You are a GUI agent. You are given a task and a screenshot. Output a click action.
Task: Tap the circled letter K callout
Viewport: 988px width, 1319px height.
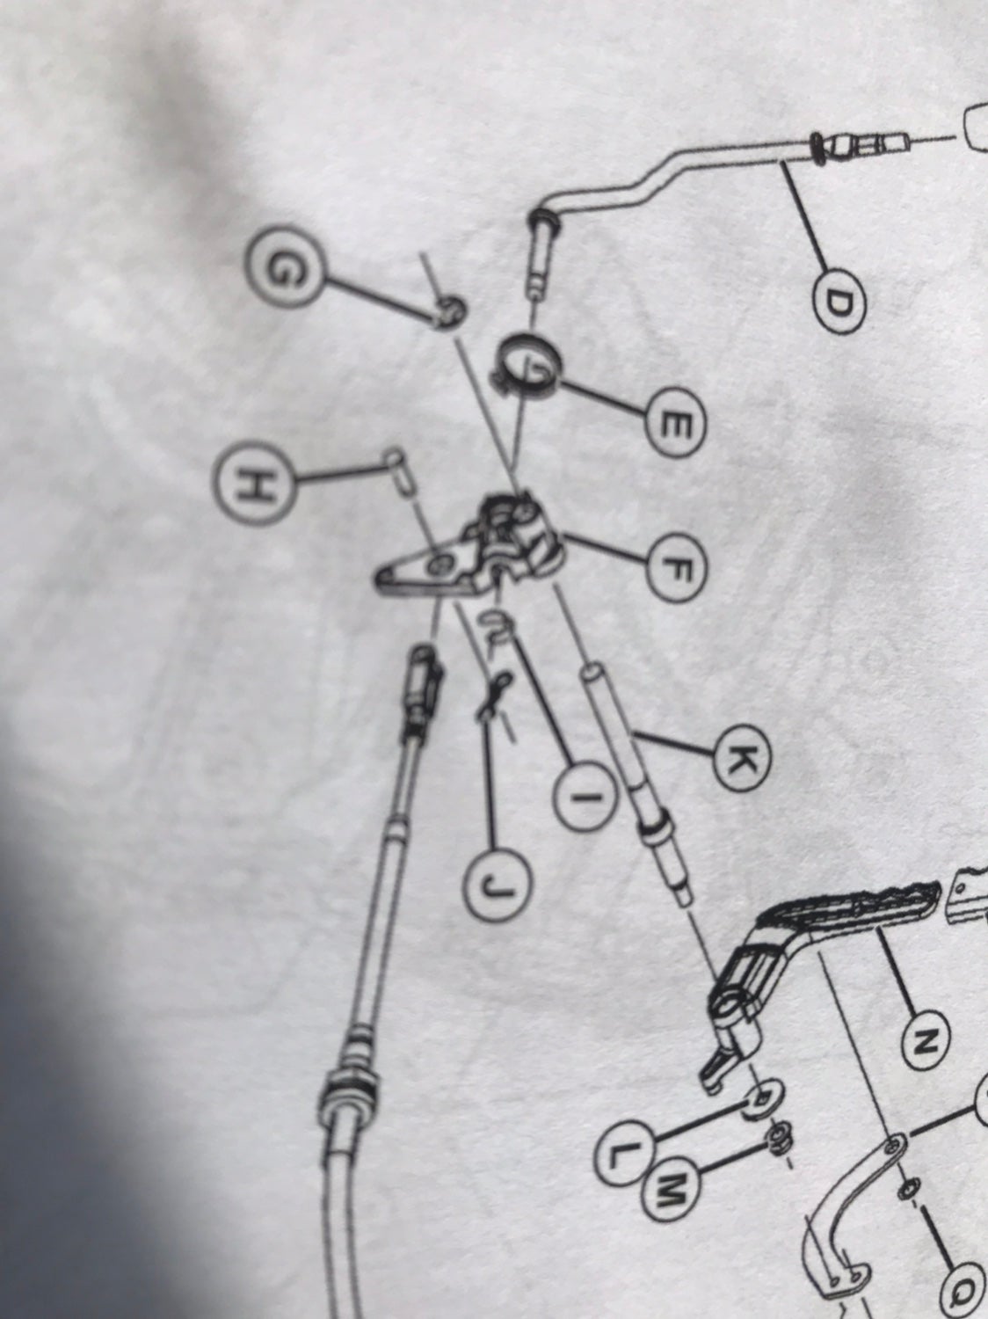coord(738,759)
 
